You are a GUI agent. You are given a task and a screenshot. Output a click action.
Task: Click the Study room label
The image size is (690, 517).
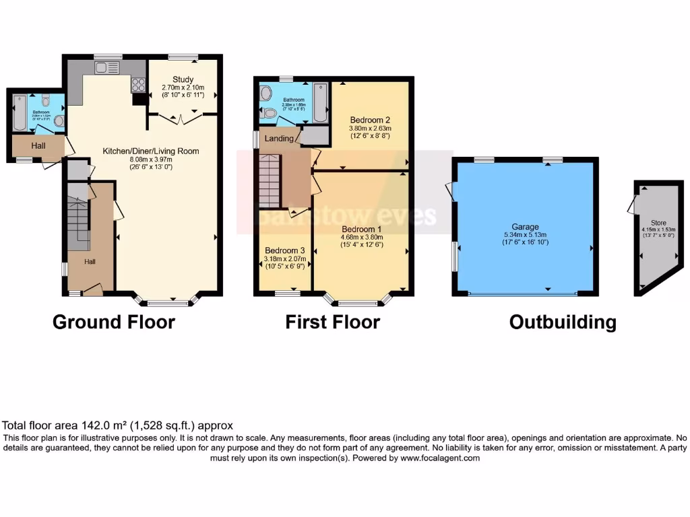pyautogui.click(x=183, y=79)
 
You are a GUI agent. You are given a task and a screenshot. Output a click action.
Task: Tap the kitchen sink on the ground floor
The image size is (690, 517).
pyautogui.click(x=106, y=67)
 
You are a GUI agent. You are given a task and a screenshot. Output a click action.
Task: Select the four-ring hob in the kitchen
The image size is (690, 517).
pyautogui.click(x=138, y=84)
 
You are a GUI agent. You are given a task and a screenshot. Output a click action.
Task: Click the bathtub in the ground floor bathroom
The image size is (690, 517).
pyautogui.click(x=18, y=113)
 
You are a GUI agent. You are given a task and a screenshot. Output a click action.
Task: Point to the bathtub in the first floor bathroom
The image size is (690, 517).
pyautogui.click(x=319, y=102)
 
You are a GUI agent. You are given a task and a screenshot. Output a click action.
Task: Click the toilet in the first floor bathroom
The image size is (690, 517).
pyautogui.click(x=270, y=113)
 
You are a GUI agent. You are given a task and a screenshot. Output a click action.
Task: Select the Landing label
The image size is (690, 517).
pyautogui.click(x=279, y=139)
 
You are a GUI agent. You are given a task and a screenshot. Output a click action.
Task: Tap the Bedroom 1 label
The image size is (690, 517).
pyautogui.click(x=361, y=228)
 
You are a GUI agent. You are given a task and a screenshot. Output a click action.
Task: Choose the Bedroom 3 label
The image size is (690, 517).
pyautogui.click(x=284, y=250)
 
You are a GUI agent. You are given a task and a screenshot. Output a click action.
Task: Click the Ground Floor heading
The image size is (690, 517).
pyautogui.click(x=114, y=322)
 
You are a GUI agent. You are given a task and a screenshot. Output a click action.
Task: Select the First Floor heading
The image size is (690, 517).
pyautogui.click(x=332, y=322)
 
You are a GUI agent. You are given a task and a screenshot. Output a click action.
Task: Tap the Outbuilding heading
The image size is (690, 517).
pyautogui.click(x=563, y=322)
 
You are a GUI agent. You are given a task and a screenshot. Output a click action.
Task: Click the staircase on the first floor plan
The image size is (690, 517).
pyautogui.click(x=269, y=180)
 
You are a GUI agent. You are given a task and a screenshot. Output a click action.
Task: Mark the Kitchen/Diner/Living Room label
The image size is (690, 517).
pyautogui.click(x=150, y=151)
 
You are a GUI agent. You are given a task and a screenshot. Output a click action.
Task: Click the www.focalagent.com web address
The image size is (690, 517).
pyautogui.click(x=440, y=458)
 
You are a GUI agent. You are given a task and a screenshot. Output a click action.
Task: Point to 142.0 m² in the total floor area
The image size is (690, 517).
pyautogui.click(x=99, y=425)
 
